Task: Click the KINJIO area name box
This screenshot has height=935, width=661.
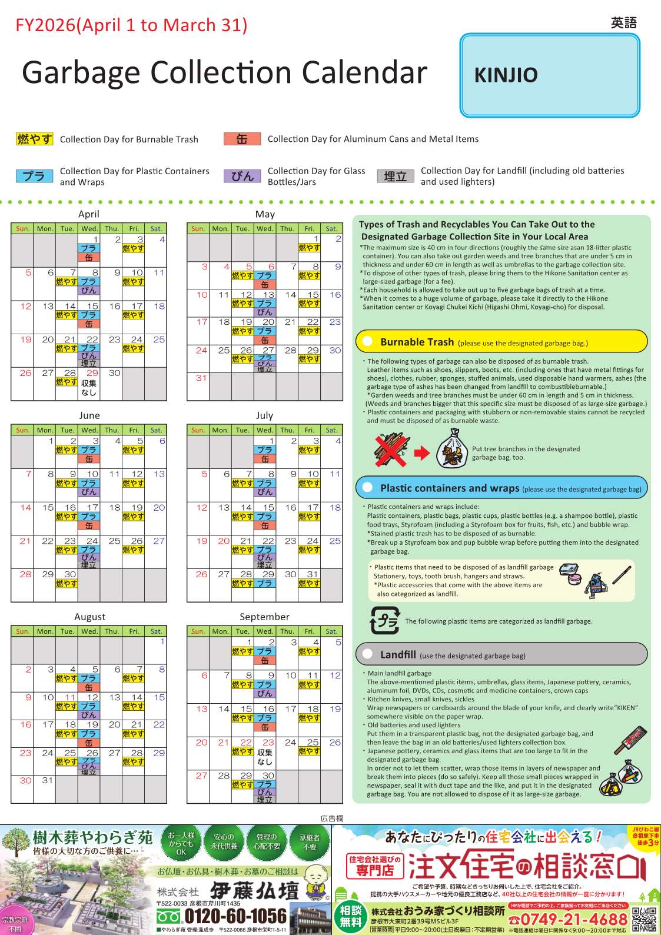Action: pyautogui.click(x=549, y=75)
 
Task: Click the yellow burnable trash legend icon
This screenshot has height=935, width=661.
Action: pyautogui.click(x=34, y=139)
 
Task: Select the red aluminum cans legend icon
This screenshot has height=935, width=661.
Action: pyautogui.click(x=242, y=139)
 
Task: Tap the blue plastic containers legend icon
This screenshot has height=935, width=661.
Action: pyautogui.click(x=34, y=176)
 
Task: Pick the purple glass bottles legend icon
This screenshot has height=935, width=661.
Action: pyautogui.click(x=242, y=176)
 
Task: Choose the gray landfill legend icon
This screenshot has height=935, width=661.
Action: pyautogui.click(x=395, y=176)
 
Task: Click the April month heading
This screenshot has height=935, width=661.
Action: pyautogui.click(x=89, y=214)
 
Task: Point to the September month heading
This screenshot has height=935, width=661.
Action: pyautogui.click(x=264, y=617)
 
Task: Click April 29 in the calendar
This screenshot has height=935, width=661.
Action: pyautogui.click(x=92, y=373)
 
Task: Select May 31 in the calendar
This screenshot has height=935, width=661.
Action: pyautogui.click(x=201, y=378)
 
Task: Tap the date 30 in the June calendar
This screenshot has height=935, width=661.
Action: pyautogui.click(x=70, y=574)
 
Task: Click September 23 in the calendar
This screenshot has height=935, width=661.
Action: pyautogui.click(x=268, y=743)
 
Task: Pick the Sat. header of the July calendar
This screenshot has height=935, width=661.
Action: pyautogui.click(x=331, y=430)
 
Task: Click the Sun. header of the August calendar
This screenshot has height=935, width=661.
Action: pyautogui.click(x=22, y=631)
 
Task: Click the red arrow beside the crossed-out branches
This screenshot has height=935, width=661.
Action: pyautogui.click(x=422, y=452)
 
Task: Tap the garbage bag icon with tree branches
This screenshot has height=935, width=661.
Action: pyautogui.click(x=451, y=448)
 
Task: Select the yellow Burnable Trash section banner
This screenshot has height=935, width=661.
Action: pyautogui.click(x=501, y=341)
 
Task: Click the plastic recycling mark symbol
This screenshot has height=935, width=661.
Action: pyautogui.click(x=384, y=620)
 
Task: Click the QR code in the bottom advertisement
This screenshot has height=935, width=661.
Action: pyautogui.click(x=644, y=919)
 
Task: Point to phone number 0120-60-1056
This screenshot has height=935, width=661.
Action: pyautogui.click(x=235, y=916)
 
